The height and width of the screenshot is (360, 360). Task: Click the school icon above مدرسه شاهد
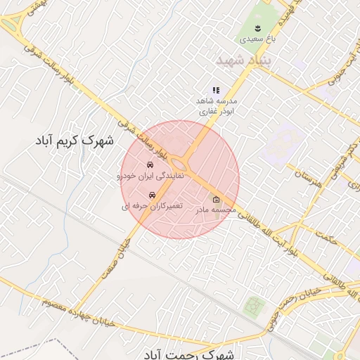pyautogui.click(x=216, y=90)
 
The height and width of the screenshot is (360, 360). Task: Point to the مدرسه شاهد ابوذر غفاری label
pyautogui.click(x=217, y=105)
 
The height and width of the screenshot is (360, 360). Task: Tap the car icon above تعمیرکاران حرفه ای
pyautogui.click(x=152, y=195)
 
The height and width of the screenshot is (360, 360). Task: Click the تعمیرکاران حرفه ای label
pyautogui.click(x=152, y=206)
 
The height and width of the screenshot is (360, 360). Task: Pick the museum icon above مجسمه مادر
pyautogui.click(x=215, y=199)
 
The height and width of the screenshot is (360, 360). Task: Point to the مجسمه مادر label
pyautogui.click(x=212, y=210)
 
